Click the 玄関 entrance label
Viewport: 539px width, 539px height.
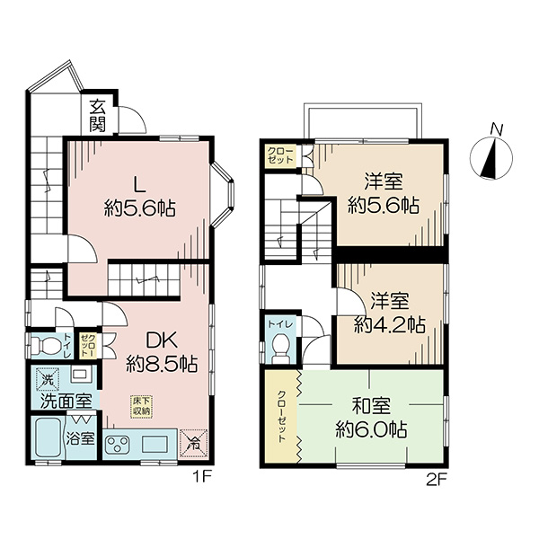pyautogui.click(x=98, y=116)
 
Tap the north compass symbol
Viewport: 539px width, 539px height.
pyautogui.click(x=491, y=158)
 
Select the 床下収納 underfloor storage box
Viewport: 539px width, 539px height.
pyautogui.click(x=141, y=407)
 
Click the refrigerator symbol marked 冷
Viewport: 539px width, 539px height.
pyautogui.click(x=194, y=443)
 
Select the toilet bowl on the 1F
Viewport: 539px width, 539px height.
pyautogui.click(x=45, y=345)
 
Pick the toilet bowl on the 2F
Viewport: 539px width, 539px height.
pyautogui.click(x=281, y=347)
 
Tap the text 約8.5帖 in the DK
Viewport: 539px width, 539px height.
pyautogui.click(x=162, y=365)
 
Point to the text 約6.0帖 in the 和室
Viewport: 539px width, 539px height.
pyautogui.click(x=371, y=429)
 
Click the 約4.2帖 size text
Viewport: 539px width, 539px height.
pyautogui.click(x=390, y=324)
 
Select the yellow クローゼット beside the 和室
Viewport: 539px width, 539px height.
pyautogui.click(x=281, y=416)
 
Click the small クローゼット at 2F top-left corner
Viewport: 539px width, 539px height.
pyautogui.click(x=281, y=156)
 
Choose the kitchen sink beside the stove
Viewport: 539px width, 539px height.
pyautogui.click(x=155, y=444)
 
